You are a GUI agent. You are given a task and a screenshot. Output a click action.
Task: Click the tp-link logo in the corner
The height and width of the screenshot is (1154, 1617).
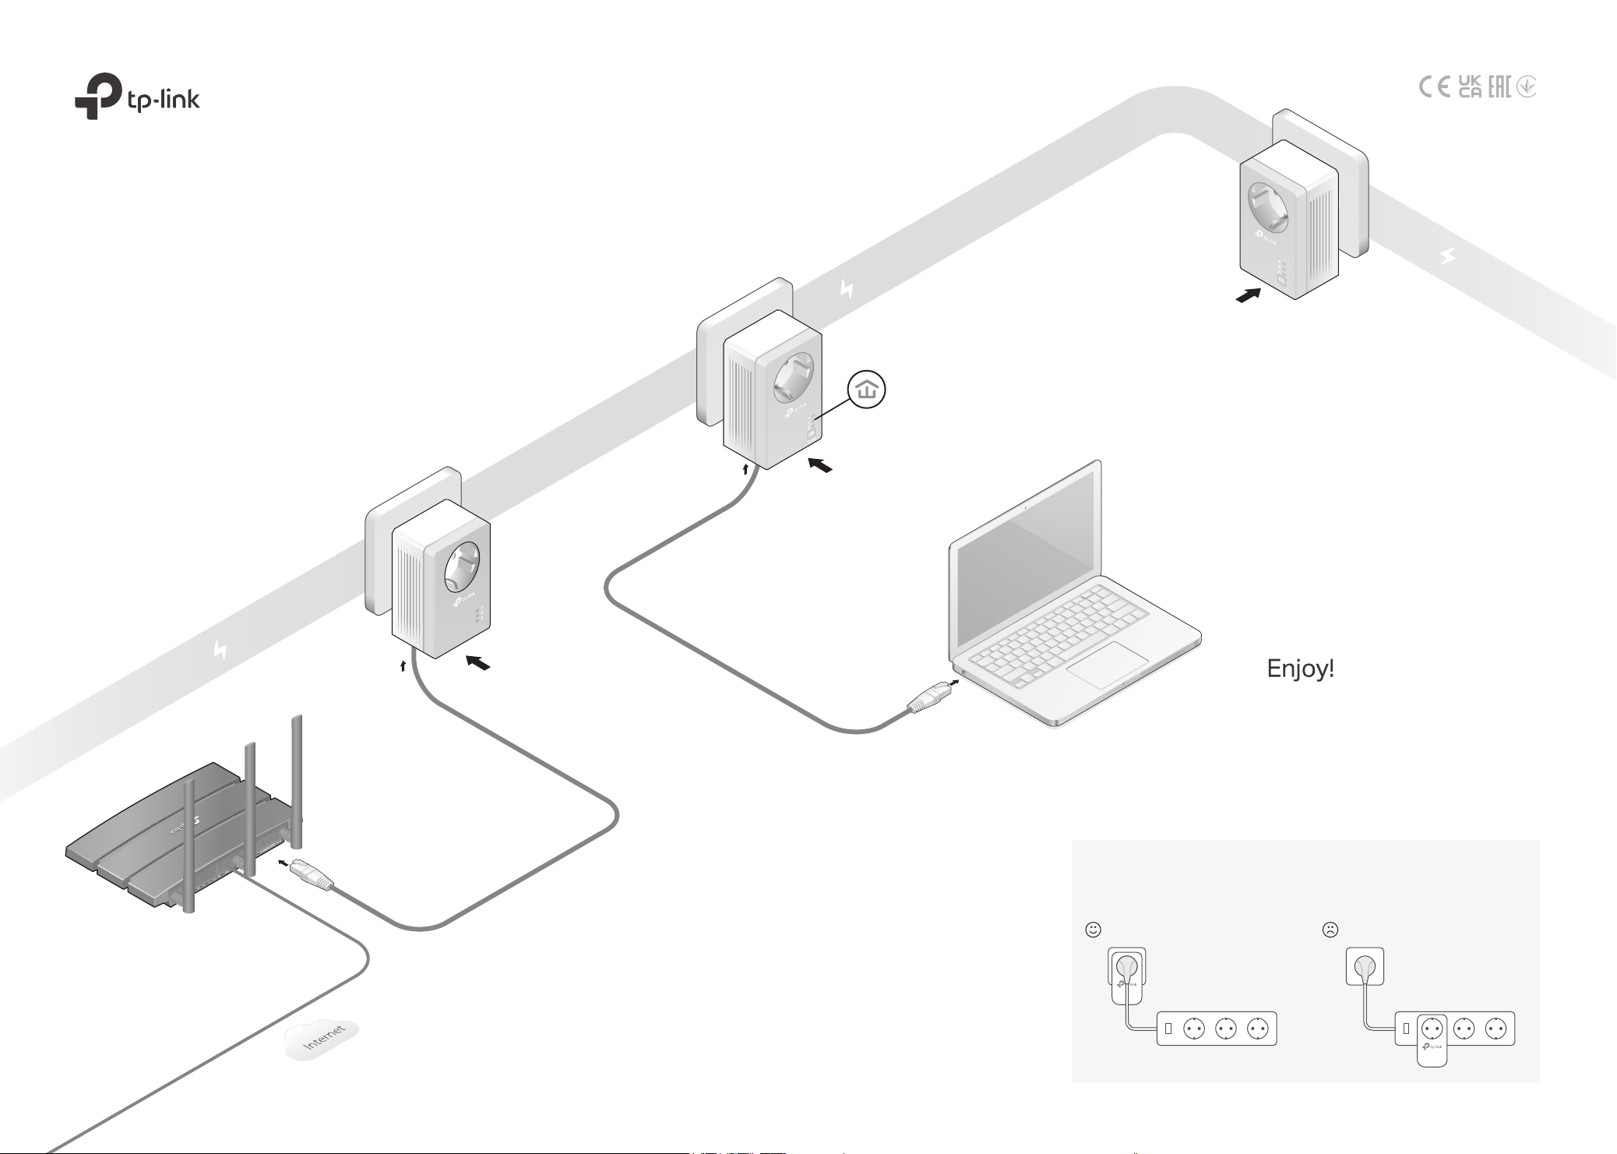pos(137,96)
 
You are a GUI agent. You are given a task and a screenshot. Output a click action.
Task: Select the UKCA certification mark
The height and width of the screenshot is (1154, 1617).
pos(1470,86)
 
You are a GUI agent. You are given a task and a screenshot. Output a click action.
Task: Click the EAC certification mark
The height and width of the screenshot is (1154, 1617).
pos(1499,86)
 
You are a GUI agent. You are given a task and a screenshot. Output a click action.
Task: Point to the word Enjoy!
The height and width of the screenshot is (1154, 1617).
pos(1300,669)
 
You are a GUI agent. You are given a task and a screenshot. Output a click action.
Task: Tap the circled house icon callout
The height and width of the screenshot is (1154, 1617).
pos(867,391)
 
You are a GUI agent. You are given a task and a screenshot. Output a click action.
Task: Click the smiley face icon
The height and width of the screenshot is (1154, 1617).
pos(1093,929)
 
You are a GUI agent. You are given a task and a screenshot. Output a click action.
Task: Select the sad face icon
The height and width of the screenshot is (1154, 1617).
pos(1330,929)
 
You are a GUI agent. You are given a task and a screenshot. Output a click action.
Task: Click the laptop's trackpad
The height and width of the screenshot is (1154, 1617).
pos(1108,665)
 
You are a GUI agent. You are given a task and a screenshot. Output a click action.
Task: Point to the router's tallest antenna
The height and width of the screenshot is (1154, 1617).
pos(297,780)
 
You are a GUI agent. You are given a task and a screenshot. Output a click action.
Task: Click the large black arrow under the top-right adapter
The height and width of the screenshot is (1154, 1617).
pos(1249,296)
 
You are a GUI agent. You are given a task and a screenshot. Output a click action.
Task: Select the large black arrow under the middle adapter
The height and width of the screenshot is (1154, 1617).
pos(819,465)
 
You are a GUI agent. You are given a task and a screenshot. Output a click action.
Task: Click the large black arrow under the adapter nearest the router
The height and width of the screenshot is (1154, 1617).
pos(477,663)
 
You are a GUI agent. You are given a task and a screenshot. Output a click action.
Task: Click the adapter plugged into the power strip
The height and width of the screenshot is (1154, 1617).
pos(1432,1039)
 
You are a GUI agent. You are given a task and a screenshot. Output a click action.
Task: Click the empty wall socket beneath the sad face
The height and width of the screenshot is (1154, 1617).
pos(1365,966)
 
